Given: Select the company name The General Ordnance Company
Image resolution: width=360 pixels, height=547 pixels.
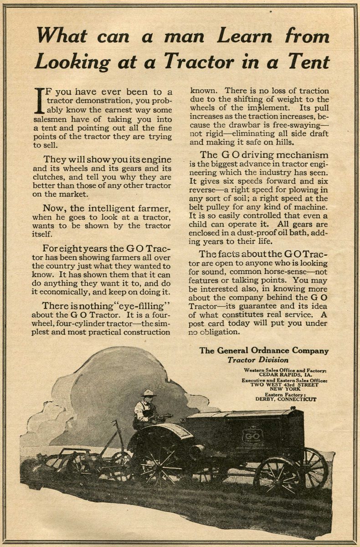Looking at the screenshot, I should click(264, 351).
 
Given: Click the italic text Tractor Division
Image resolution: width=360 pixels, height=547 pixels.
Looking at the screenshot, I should click(257, 360).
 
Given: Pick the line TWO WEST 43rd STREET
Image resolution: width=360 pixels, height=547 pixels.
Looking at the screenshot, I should click(285, 384).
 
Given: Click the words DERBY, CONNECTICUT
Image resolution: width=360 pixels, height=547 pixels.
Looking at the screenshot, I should click(286, 399).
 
